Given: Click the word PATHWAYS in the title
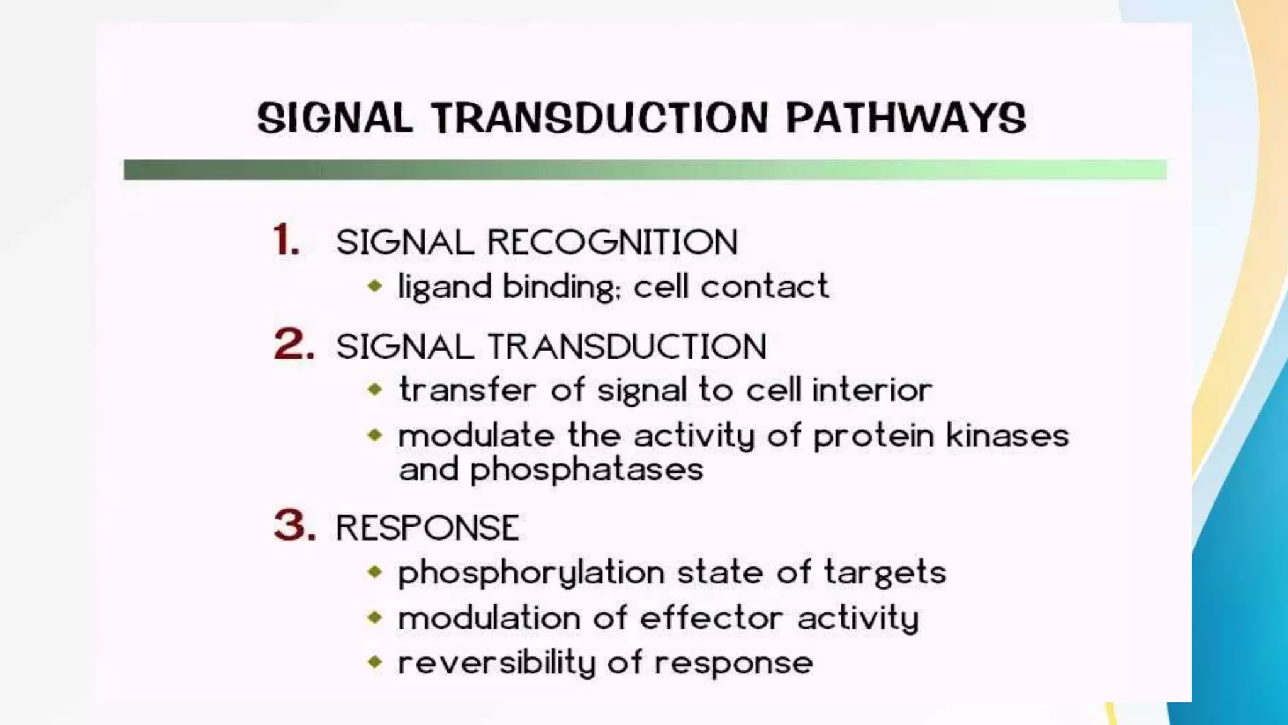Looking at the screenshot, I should coord(906,118).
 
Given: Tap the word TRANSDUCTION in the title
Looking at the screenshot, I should coord(600,118).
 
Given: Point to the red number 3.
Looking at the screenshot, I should coord(294,525).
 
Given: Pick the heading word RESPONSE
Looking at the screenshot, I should coord(428,527).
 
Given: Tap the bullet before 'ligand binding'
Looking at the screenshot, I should coord(375,286).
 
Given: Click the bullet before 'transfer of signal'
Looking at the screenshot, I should coord(375,390).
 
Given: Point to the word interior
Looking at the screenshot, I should coord(872,390).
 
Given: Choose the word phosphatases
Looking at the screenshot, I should coord(586,470).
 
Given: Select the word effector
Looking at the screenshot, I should coord(711,618).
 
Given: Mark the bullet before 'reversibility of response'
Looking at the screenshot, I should coord(375,662).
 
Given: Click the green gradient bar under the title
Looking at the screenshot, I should coord(645,170).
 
